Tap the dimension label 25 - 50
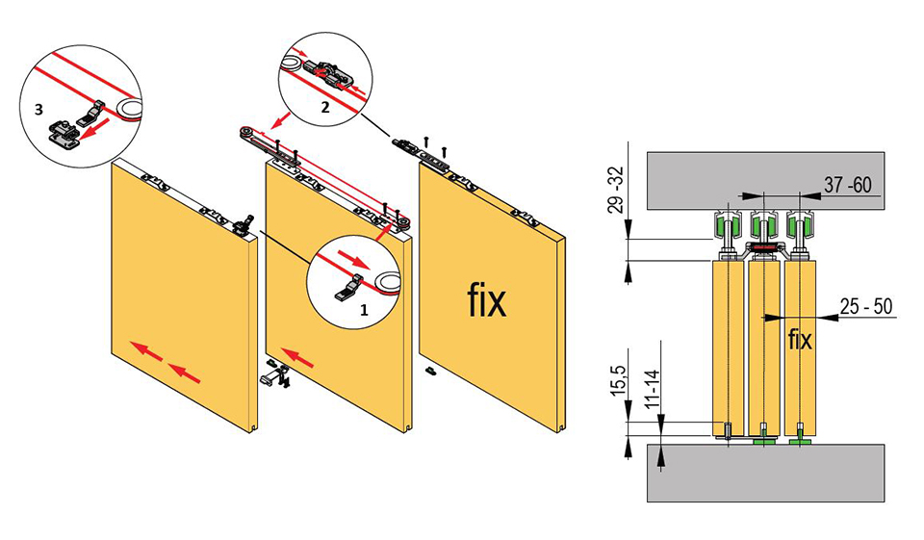pyautogui.click(x=864, y=306)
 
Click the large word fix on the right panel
pyautogui.click(x=486, y=301)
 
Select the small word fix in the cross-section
pyautogui.click(x=800, y=339)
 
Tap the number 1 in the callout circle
pyautogui.click(x=364, y=311)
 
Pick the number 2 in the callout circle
pyautogui.click(x=324, y=109)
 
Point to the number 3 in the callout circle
pyautogui.click(x=38, y=110)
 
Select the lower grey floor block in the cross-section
pyautogui.click(x=765, y=472)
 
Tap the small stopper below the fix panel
pyautogui.click(x=430, y=370)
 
